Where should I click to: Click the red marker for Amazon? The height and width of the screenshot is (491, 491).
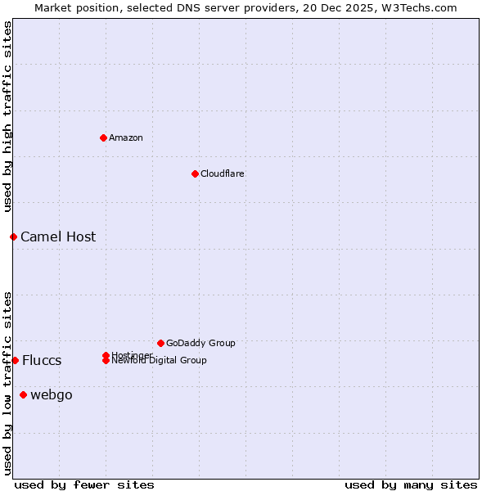click(x=103, y=137)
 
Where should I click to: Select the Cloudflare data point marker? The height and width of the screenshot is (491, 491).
click(x=195, y=173)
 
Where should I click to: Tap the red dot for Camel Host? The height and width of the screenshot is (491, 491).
click(x=13, y=236)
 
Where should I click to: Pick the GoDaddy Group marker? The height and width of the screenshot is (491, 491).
click(x=160, y=343)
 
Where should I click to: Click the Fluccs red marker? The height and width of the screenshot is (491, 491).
click(x=15, y=360)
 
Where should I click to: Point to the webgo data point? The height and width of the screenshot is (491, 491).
click(x=23, y=395)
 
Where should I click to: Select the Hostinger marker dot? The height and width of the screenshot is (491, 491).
click(x=106, y=355)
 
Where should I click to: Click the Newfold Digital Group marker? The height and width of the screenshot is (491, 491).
click(x=106, y=361)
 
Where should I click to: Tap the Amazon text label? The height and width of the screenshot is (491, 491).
click(x=126, y=137)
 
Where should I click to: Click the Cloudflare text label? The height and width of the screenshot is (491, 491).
click(x=223, y=173)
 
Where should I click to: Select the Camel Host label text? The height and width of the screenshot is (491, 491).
click(x=58, y=236)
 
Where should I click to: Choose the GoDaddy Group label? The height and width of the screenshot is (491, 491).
click(x=200, y=343)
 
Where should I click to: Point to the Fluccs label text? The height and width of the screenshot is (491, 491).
click(x=42, y=360)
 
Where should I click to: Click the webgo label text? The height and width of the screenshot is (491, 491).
click(x=52, y=395)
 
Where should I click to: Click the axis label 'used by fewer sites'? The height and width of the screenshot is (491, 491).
click(x=84, y=484)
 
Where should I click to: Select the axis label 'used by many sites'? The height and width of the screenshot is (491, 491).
click(x=411, y=484)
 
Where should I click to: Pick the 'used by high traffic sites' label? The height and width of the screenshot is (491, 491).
click(x=8, y=117)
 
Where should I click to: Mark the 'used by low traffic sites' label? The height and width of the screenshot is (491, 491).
click(x=8, y=383)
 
